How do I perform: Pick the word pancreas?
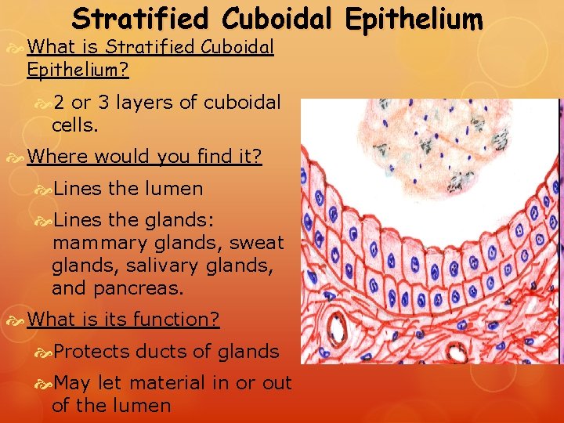click(x=138, y=287)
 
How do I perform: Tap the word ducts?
click(x=160, y=352)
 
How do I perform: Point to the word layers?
click(x=145, y=103)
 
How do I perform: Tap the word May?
click(x=73, y=384)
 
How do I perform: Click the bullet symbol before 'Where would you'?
click(x=18, y=157)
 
